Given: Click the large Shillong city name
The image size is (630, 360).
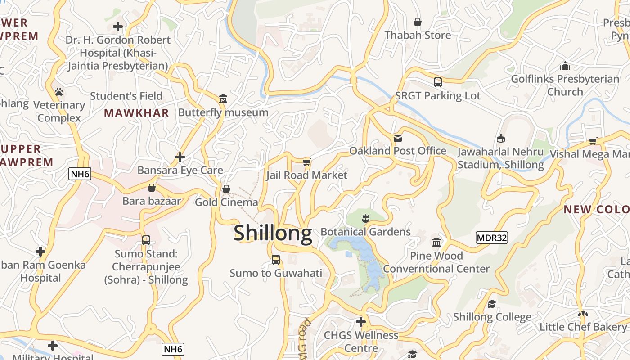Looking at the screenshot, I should (x=273, y=233).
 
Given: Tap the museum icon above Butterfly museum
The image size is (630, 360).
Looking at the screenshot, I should (x=223, y=99).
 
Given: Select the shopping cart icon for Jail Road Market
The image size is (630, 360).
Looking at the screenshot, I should (x=307, y=162).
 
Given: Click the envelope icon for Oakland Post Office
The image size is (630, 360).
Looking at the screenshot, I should (x=398, y=138).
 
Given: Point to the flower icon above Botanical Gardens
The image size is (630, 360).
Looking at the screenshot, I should (x=365, y=219).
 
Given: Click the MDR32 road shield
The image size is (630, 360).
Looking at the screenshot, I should (x=491, y=238).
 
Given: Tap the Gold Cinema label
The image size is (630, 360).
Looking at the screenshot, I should (x=226, y=202).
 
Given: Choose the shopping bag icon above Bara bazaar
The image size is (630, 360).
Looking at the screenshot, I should (x=152, y=188).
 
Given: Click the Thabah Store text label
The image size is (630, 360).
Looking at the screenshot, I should (x=418, y=35).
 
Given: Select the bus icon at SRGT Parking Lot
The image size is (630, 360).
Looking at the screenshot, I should (x=438, y=82).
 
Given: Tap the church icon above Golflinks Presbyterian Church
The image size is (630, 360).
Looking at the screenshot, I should (x=565, y=67).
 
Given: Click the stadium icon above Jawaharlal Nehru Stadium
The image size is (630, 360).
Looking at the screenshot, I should (x=500, y=139).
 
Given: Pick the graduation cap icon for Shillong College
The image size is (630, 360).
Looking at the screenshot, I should (x=492, y=304).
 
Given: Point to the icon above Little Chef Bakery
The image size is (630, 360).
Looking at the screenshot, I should (x=583, y=314).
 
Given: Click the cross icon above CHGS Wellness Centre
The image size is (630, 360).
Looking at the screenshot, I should (x=361, y=322).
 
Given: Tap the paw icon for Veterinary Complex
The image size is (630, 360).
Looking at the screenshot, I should (x=59, y=92).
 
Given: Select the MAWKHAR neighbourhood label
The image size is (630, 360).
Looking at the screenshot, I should (x=136, y=113).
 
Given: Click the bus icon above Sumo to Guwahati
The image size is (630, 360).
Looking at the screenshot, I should (x=276, y=260).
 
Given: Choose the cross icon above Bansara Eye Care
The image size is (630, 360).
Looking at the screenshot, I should (x=180, y=157).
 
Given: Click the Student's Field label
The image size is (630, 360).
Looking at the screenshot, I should (x=126, y=96).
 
